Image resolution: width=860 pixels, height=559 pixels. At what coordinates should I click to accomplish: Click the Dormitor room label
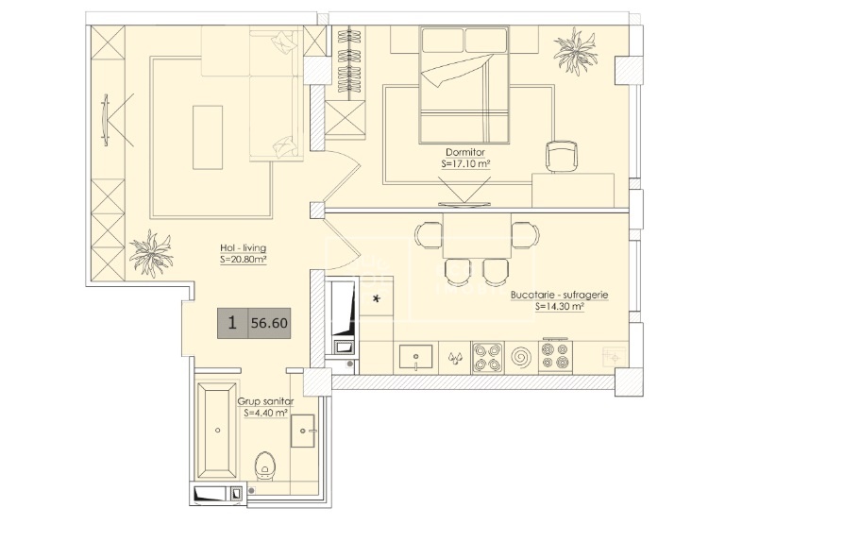pos(465,153)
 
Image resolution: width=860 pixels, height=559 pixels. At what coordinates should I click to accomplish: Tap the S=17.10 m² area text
pos(465,163)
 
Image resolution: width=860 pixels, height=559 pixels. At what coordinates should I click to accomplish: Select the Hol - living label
pos(243,248)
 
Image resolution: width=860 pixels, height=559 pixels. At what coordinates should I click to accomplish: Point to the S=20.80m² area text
pos(243,260)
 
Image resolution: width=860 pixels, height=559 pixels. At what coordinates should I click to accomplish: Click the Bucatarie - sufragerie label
pos(560,296)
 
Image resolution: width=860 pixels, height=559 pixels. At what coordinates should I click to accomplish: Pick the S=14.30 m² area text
pos(560,307)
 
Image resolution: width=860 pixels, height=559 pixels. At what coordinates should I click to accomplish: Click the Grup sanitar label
pos(265,401)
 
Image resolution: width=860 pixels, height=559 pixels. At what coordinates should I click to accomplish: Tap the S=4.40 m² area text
pos(265,413)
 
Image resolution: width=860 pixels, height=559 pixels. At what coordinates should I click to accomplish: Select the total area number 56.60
pos(269,323)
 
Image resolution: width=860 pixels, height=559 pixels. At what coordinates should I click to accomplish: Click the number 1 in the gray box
pos(232,323)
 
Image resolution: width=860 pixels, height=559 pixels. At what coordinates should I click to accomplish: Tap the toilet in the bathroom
pos(265,466)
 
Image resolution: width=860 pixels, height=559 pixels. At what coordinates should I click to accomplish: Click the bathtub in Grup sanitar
pos(218,431)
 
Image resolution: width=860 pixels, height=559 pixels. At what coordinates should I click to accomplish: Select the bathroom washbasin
pos(303,431)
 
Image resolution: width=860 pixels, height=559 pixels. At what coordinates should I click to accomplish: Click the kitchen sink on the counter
pos(415,358)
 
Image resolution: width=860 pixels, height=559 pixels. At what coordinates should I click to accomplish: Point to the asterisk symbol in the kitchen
pos(377,299)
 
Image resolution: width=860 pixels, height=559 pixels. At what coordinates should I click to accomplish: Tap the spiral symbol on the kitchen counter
pos(521,358)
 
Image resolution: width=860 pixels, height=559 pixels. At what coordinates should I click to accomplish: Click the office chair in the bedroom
pos(562,157)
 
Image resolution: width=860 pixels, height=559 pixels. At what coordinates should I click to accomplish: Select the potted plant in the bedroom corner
pos(575,52)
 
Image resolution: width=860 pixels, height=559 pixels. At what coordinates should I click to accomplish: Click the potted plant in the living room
pos(151,253)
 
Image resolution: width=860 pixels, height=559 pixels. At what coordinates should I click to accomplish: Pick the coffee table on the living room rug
pos(208,137)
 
